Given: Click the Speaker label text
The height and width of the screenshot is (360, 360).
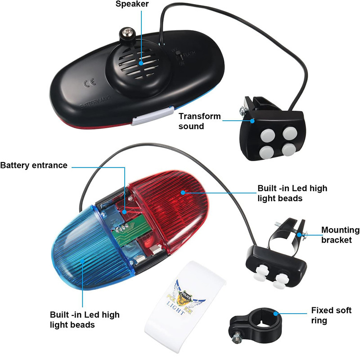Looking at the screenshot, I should pos(132,4).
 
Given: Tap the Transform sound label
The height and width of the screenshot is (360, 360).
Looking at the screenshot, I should pos(200,121).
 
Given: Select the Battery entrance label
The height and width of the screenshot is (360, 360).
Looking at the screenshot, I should pos(34,166).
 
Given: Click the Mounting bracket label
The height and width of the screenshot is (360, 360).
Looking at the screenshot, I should pos(340,235).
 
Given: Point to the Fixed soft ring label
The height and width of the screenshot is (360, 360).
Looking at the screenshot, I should pos(331,315).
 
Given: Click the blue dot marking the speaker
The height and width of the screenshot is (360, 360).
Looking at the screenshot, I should pos(141,63).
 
